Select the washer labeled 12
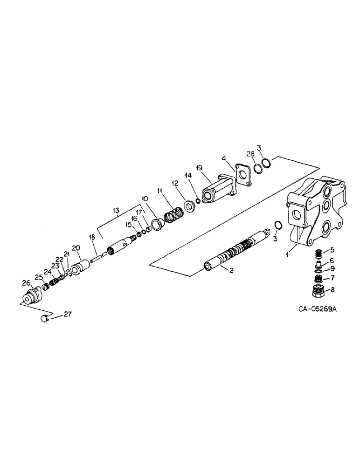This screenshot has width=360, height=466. pyautogui.click(x=190, y=206)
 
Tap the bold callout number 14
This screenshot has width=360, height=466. pyautogui.click(x=188, y=176)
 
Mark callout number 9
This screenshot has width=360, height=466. pyautogui.click(x=332, y=269)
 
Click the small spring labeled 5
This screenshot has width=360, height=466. pyautogui.click(x=319, y=254)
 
